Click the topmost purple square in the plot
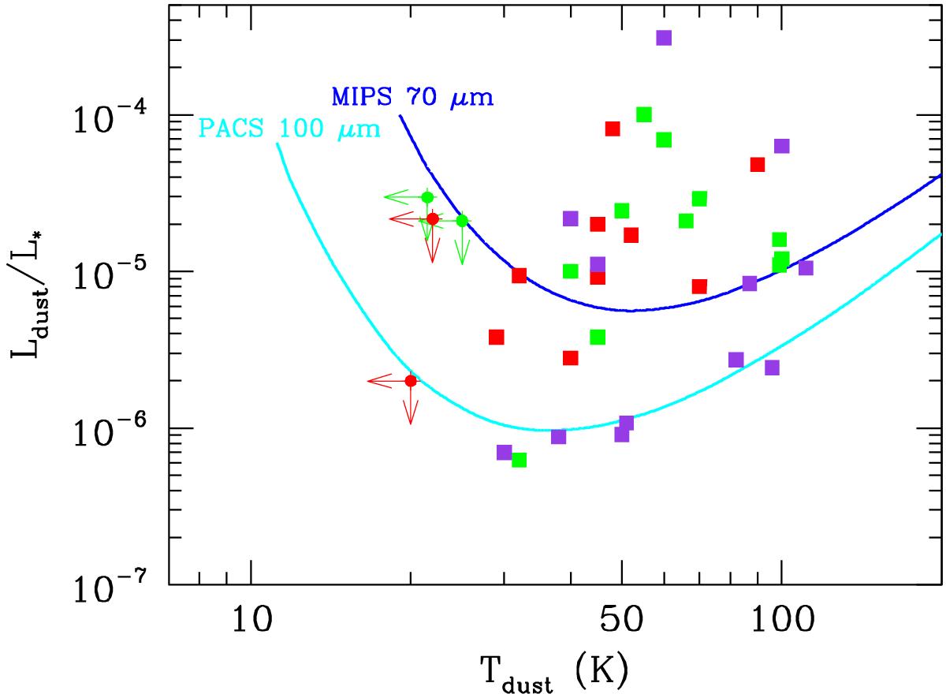click(x=664, y=38)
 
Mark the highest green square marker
click(x=643, y=114)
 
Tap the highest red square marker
click(x=613, y=129)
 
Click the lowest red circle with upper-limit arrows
click(x=410, y=381)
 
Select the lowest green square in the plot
click(x=519, y=460)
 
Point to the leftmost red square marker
click(x=496, y=337)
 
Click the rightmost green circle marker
click(x=462, y=221)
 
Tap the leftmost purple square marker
click(x=505, y=452)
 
